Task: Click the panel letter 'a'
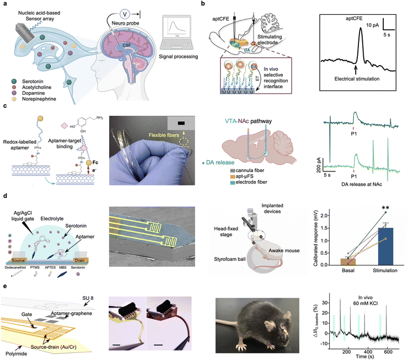tap(3, 4)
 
